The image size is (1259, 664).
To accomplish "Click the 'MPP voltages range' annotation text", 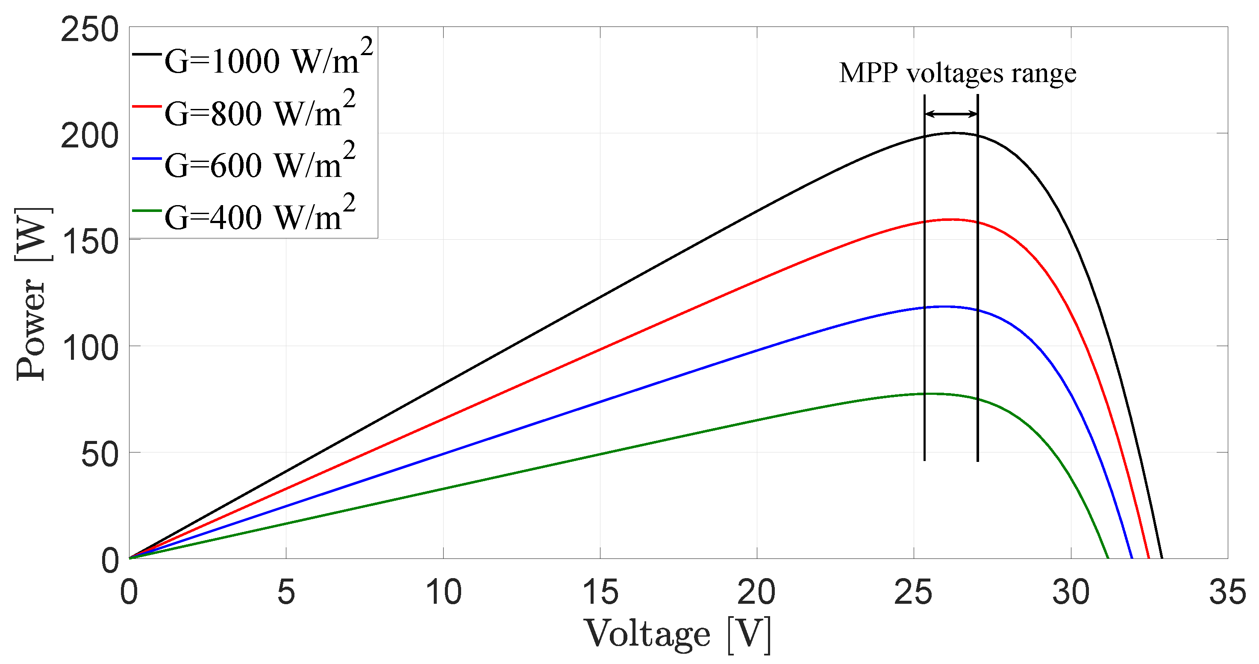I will (957, 74).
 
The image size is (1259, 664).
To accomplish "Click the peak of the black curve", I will (953, 133).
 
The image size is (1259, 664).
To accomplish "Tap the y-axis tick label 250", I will (90, 29).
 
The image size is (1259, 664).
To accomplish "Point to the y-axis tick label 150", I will (90, 241).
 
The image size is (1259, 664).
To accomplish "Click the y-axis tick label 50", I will (100, 454).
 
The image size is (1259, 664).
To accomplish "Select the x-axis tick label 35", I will (1227, 592).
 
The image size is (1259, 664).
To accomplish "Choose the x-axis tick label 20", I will (756, 592).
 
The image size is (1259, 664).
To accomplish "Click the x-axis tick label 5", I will (286, 592).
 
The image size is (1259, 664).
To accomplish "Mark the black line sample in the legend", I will (147, 54).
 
